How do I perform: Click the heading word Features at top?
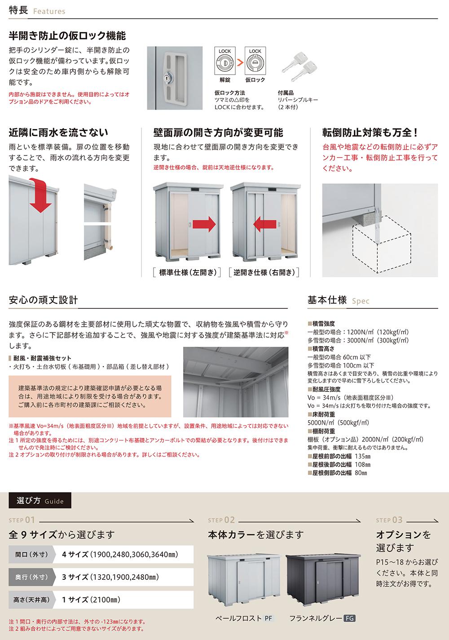[x=49, y=11]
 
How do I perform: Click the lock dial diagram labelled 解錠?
[x=225, y=61]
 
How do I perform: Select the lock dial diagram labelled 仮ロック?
[x=255, y=61]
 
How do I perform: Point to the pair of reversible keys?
[x=299, y=67]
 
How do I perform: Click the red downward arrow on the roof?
[x=40, y=196]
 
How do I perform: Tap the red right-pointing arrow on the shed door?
[x=204, y=224]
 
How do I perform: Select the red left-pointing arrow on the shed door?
[x=264, y=224]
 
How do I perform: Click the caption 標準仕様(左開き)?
[x=187, y=272]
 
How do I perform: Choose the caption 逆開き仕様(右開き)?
[x=264, y=272]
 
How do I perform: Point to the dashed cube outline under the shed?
[x=382, y=244]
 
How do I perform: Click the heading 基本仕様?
[x=327, y=300]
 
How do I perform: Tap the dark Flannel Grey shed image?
[x=323, y=579]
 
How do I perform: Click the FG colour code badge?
[x=349, y=618]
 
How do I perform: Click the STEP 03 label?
[x=389, y=520]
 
